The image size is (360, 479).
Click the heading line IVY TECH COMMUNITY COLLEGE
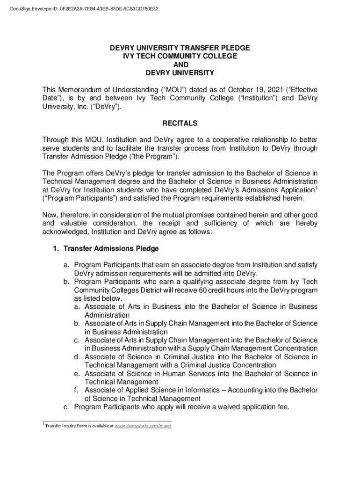[x=180, y=56]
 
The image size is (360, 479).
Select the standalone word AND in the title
[x=180, y=65]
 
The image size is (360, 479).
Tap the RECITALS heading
[x=180, y=123]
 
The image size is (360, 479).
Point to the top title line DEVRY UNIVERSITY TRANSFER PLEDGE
[x=180, y=48]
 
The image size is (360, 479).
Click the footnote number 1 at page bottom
[x=43, y=424]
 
